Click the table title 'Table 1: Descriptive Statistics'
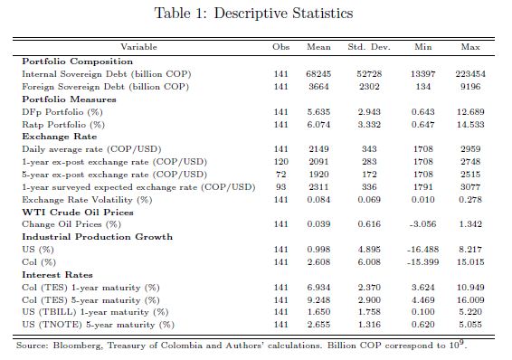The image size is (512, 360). [x=253, y=14]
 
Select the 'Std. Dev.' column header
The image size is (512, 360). [x=369, y=47]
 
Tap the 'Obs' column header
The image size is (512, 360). [x=280, y=47]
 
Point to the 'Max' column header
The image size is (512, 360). [x=470, y=47]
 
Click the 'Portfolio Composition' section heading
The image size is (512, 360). [x=78, y=62]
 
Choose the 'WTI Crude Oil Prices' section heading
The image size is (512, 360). [x=78, y=213]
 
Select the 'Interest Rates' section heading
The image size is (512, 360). [x=57, y=275]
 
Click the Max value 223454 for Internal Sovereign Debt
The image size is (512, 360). [x=470, y=74]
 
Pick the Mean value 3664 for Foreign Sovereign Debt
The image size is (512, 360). [x=318, y=87]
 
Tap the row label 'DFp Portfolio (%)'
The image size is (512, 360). [x=62, y=112]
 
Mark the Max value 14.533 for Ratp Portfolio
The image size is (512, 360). [x=470, y=125]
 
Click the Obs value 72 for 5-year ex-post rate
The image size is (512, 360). [x=280, y=175]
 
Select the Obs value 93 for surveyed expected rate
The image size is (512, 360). [x=280, y=187]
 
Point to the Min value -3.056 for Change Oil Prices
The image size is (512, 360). [x=422, y=224]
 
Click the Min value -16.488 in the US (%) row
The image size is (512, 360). [x=422, y=250]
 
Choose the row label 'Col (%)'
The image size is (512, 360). [x=39, y=262]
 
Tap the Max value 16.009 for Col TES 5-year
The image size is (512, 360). [x=470, y=300]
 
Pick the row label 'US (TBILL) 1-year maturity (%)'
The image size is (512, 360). [x=95, y=312]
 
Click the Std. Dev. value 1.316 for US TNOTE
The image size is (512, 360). [x=369, y=325]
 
